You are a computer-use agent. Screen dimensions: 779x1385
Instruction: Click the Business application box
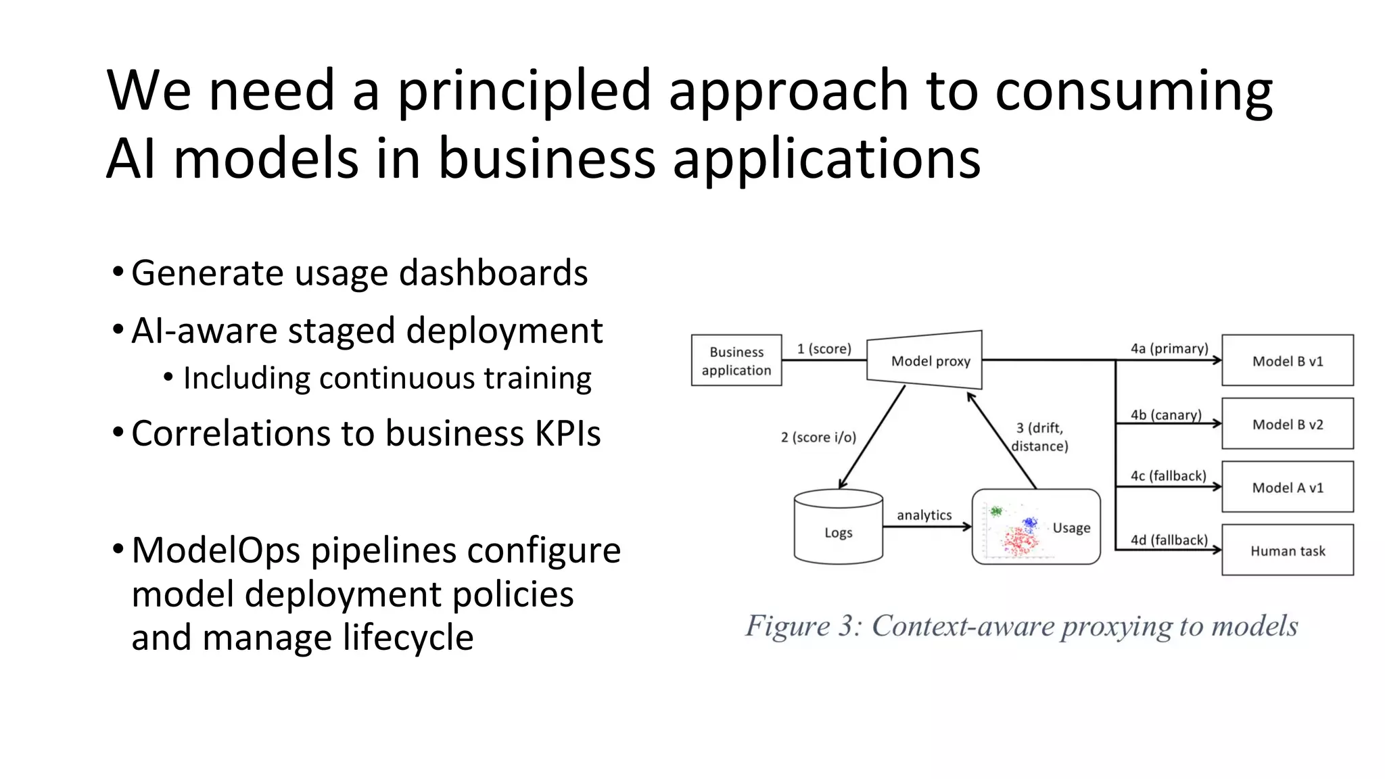[x=736, y=360]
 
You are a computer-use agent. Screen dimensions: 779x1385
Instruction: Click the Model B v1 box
[x=1287, y=360]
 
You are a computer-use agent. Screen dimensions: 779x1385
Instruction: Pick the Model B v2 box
[x=1287, y=424]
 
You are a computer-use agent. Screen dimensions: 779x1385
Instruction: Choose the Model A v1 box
[x=1287, y=487]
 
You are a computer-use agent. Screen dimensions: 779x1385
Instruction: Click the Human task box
[x=1287, y=550]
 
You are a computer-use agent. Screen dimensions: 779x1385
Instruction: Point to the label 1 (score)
[x=824, y=349]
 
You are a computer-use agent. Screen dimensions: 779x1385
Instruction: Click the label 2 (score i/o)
[x=818, y=438]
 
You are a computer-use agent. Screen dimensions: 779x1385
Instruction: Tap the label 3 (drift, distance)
[x=1039, y=437]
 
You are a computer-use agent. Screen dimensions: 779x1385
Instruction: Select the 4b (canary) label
[x=1166, y=415]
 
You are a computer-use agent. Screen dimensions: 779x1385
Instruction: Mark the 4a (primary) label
[x=1169, y=348]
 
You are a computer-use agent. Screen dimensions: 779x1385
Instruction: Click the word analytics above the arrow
[x=924, y=515]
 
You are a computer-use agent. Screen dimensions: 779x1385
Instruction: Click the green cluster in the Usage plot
[x=996, y=511]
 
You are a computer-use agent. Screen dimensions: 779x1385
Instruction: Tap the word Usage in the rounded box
[x=1071, y=527]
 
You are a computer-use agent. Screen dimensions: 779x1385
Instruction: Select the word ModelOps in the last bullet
[x=216, y=550]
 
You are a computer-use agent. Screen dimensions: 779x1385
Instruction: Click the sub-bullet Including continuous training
[x=387, y=378]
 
